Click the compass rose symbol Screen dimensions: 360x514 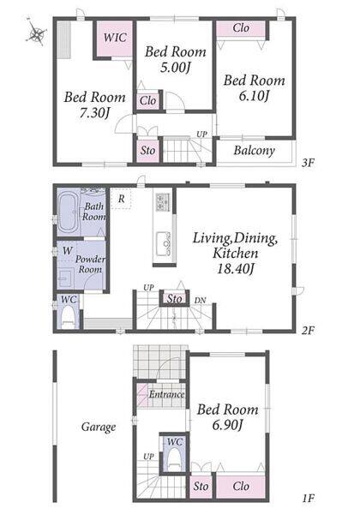[36, 33]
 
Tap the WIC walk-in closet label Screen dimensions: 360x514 [115, 37]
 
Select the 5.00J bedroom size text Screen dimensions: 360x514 [176, 68]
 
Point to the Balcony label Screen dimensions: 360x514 [254, 151]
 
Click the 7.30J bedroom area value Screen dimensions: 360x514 [94, 113]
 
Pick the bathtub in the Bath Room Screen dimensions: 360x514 [69, 213]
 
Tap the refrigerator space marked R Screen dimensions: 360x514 [121, 199]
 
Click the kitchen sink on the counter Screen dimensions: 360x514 [163, 244]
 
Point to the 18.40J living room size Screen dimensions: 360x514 [236, 269]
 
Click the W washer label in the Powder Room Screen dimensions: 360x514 [67, 251]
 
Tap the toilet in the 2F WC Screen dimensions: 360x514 [69, 317]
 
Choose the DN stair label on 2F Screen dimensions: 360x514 [200, 300]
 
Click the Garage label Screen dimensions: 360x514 [99, 427]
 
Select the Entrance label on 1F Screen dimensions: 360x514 [166, 394]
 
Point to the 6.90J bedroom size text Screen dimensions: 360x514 [227, 426]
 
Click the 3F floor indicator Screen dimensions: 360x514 [308, 163]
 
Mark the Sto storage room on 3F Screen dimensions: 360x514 [148, 151]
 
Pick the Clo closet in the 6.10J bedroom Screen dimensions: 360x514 [241, 28]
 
